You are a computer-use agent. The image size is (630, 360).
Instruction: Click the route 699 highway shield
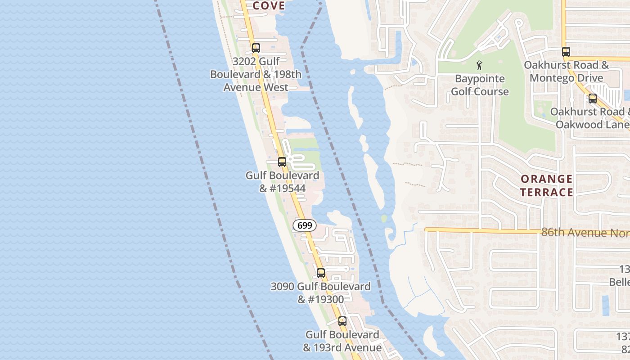305,225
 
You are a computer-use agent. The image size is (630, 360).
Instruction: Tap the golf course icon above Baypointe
480,65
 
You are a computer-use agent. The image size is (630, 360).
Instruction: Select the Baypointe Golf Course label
480,85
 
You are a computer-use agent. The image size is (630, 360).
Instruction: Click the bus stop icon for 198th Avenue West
256,48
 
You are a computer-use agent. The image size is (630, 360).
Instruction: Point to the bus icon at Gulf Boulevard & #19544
282,162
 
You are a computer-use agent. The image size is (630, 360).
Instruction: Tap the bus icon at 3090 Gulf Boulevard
321,273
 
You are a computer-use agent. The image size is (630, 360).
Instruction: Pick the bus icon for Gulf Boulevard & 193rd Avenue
342,321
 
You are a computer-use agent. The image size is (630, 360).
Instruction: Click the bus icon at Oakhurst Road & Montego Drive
566,52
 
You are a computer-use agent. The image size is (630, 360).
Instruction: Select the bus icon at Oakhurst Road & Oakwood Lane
593,99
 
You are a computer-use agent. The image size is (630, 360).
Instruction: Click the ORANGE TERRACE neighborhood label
546,185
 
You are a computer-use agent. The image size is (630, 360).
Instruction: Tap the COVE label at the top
269,5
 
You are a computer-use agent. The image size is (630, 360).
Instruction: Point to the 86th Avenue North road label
585,233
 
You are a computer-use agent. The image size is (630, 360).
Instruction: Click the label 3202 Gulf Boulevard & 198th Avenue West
256,74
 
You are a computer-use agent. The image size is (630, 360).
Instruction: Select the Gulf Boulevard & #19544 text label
282,182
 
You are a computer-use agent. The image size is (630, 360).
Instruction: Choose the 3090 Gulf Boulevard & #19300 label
320,293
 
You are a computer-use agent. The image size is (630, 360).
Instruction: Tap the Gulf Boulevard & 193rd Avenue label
342,341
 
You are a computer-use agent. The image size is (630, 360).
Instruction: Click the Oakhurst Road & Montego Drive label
566,71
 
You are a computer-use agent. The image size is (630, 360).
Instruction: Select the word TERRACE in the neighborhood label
546,192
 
